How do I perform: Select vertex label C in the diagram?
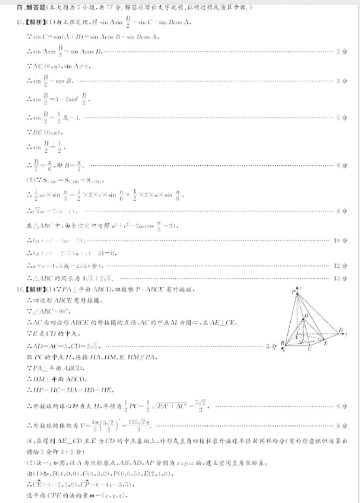pyautogui.click(x=309, y=349)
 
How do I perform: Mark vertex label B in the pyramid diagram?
pyautogui.click(x=281, y=343)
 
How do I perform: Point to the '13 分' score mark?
pyautogui.click(x=341, y=278)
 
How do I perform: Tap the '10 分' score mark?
pyautogui.click(x=341, y=241)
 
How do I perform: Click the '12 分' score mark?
pyautogui.click(x=341, y=266)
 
